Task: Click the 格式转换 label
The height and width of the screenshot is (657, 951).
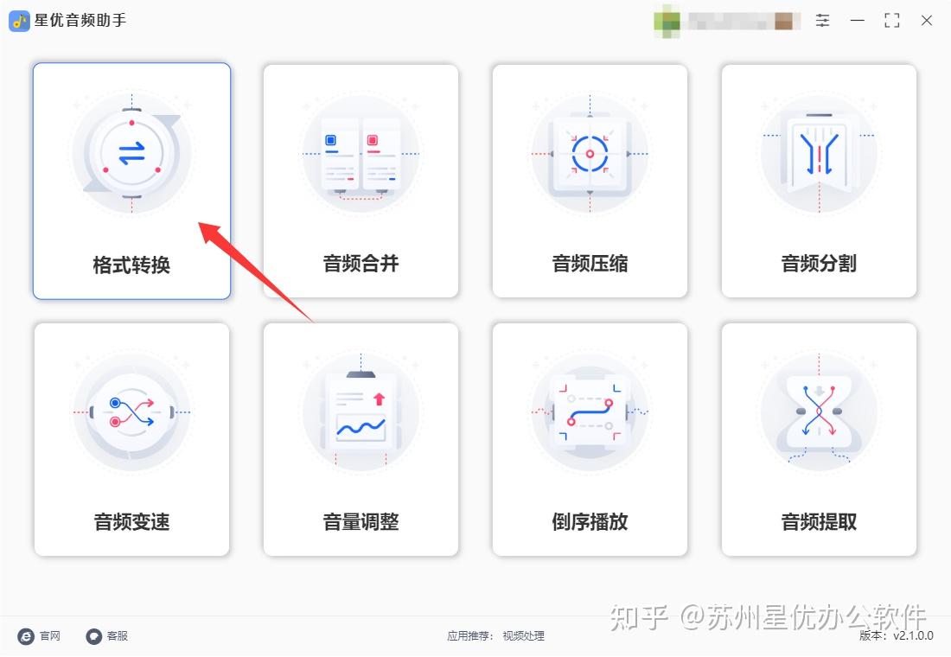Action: coord(131,265)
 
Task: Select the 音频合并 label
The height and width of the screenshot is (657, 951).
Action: coord(361,264)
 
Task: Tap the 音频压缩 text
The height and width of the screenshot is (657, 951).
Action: coord(590,264)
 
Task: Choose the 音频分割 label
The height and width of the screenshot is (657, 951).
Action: coord(819,264)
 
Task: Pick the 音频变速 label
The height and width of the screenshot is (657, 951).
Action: coord(131,522)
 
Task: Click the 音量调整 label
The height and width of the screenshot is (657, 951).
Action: coord(361,522)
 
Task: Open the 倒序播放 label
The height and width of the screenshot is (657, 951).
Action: coord(590,522)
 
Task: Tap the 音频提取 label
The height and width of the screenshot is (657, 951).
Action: coord(819,522)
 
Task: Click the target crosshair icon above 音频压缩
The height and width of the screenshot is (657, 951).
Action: coord(590,154)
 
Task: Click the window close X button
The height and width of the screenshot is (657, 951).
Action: coord(926,21)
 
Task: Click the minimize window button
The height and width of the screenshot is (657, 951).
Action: coord(857,21)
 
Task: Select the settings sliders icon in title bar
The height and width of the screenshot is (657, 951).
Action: coord(822,21)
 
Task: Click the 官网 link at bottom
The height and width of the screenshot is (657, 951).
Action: coord(41,636)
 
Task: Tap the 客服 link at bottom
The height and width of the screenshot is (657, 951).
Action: coord(107,636)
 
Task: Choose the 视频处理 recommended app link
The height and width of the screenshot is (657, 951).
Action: coord(524,636)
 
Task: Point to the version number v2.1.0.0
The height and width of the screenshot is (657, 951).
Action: coord(913,636)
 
